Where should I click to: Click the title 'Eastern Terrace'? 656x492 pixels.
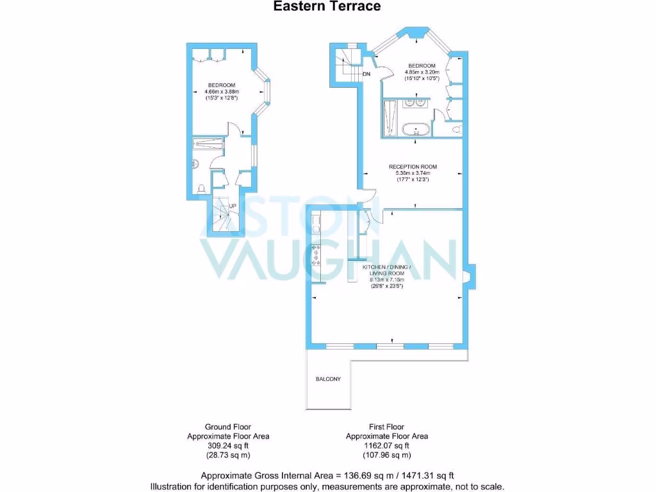coord(327,6)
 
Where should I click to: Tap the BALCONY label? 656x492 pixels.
coord(328,379)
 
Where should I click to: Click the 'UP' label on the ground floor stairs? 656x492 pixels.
coord(233,206)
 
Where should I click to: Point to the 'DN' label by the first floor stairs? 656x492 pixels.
coord(366,75)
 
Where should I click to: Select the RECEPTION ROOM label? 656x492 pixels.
coord(413,167)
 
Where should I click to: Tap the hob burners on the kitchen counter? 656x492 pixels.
coord(315,254)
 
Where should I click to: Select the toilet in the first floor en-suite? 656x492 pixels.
coord(456,129)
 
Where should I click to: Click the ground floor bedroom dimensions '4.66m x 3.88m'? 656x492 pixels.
coord(221,92)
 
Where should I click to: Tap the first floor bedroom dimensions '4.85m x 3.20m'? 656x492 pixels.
coord(422,72)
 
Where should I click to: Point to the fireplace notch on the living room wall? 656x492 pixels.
coord(468,276)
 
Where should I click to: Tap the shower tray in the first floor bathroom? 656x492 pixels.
coord(391,119)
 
